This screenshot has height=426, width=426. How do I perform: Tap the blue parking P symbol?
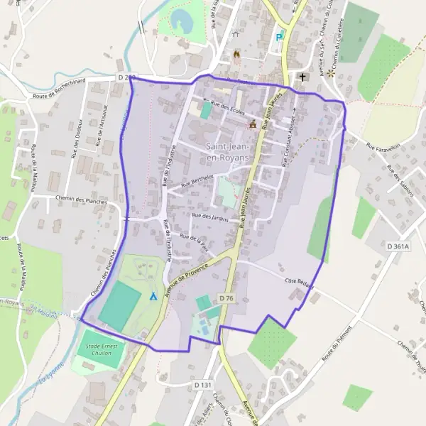point(279,38)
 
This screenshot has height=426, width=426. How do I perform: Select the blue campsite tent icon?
point(153,295)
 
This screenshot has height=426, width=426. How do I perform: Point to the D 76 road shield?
point(226,297)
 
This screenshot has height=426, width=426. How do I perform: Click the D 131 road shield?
point(203,385)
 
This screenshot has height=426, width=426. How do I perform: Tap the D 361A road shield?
point(400,246)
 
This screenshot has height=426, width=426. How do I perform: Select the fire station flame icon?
point(236,53)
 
